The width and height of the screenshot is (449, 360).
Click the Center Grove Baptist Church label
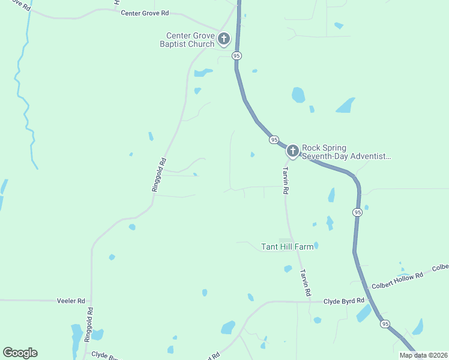[x=190, y=40]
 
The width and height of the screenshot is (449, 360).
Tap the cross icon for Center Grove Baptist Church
[x=223, y=40]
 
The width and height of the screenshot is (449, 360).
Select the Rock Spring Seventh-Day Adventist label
[x=346, y=152]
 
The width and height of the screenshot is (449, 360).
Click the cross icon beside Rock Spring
[x=292, y=151]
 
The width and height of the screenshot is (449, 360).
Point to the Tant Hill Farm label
[x=287, y=247]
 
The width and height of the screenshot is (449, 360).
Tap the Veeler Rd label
[x=71, y=300]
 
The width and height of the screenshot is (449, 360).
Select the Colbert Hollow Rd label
[x=397, y=274]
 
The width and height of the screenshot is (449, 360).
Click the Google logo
[x=20, y=353]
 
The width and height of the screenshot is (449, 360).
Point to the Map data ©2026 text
[x=423, y=355]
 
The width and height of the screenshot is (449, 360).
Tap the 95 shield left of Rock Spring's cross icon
[x=274, y=140]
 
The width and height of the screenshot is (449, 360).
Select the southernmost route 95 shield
[x=384, y=324]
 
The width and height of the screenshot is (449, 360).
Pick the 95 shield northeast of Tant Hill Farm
[x=357, y=212]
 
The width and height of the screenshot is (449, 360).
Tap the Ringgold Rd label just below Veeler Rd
[x=89, y=325]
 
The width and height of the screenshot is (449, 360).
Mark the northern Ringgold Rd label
[x=158, y=175]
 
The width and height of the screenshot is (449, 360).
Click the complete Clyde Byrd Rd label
[x=344, y=301]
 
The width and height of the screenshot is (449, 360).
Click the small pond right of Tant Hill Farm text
[x=316, y=245]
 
